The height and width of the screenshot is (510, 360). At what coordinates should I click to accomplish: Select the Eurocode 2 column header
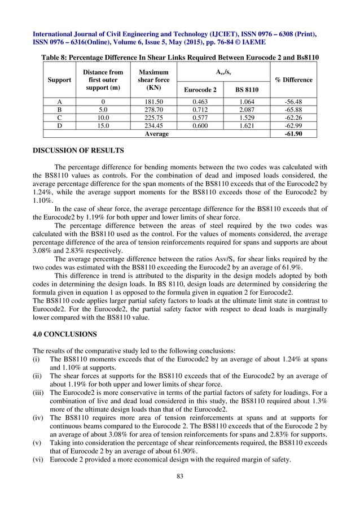tap(200, 90)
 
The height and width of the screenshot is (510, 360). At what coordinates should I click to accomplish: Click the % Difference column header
tap(293, 80)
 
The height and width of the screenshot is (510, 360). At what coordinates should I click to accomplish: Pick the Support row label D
tap(59, 127)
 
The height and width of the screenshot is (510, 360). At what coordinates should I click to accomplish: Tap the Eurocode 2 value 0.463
tap(200, 102)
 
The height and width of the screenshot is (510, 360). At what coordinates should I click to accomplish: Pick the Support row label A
tap(59, 102)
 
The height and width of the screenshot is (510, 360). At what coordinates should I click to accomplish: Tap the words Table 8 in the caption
tap(56, 58)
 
